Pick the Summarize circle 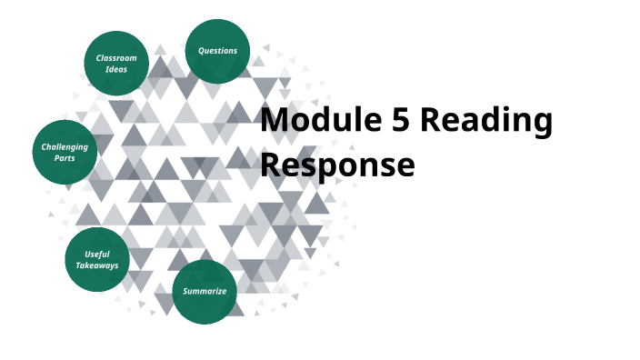(x=205, y=292)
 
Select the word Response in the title (x=337, y=165)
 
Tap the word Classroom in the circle (x=116, y=58)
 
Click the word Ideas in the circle (x=116, y=69)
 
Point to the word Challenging (x=65, y=146)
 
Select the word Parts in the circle (x=65, y=158)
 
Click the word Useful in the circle (x=97, y=254)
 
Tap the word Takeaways (x=97, y=265)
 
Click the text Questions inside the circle (x=218, y=51)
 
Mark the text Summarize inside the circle (x=205, y=292)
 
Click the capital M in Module (x=275, y=121)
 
